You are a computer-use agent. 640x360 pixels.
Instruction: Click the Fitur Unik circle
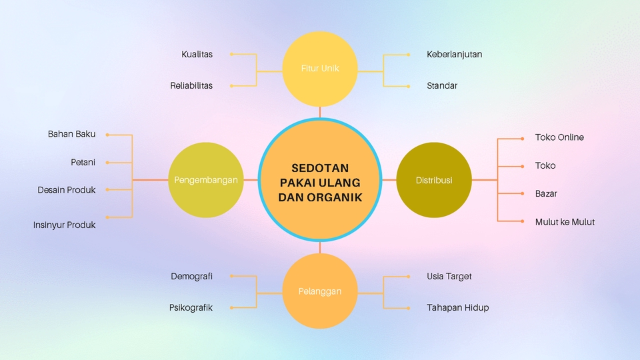coord(320,69)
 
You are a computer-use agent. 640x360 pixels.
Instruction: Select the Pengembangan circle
coord(206,180)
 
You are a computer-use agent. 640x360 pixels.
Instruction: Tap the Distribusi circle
coord(434,180)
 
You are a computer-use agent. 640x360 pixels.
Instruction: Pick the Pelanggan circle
coord(320,291)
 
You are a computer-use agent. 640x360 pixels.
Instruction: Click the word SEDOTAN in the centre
coord(320,168)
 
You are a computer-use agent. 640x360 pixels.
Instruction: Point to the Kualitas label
coord(197,54)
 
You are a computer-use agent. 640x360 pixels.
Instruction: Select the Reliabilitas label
coord(191,86)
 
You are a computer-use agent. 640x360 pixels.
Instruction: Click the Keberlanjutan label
coord(454,54)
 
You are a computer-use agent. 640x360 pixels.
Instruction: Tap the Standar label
coord(442,86)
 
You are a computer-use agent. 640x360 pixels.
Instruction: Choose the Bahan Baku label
coord(71,134)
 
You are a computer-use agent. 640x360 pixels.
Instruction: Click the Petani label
coord(83,162)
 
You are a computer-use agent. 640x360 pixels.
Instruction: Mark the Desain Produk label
coord(67,190)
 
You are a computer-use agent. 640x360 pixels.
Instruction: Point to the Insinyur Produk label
coord(64,225)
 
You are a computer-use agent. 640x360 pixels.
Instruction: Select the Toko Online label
coord(559,137)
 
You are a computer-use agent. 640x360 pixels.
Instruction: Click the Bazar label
coord(546,193)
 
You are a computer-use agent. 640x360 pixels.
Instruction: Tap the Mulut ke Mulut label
coord(565,222)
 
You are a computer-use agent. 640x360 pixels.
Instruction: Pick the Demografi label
coord(191,276)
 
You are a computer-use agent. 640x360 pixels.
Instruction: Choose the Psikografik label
coord(191,308)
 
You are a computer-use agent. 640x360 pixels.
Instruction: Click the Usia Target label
coord(449,276)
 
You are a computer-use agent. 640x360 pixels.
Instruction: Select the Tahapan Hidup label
coord(457,308)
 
